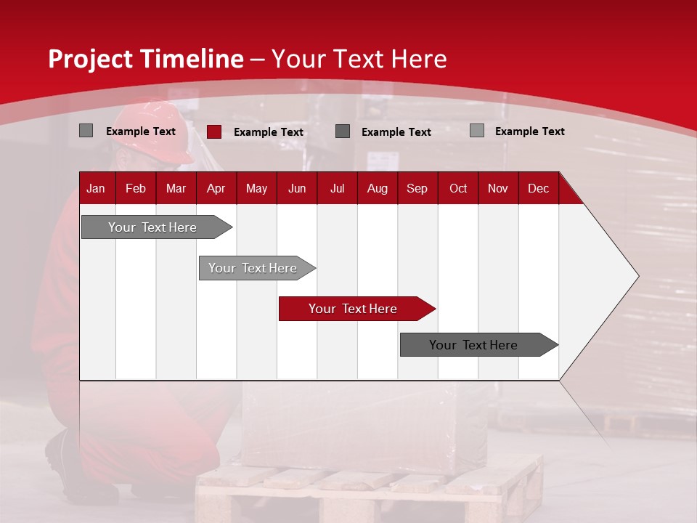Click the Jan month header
pos(96,188)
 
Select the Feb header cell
pos(136,188)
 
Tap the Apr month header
pos(216,188)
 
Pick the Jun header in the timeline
pos(297,188)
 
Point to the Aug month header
pos(378,188)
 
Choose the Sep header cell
pos(417,188)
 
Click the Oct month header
pos(458,188)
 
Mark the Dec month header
pos(539,188)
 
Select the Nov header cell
pos(498,188)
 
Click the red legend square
pos(214,131)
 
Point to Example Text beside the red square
pos(269,132)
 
